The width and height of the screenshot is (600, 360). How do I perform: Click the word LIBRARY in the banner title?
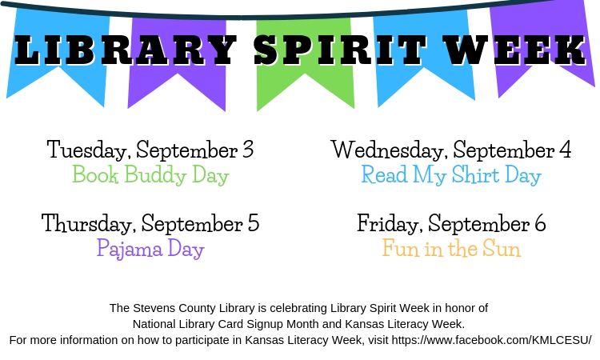[125, 50]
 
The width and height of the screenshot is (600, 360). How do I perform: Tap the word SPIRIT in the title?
[340, 50]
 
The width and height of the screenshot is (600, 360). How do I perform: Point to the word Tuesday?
[87, 150]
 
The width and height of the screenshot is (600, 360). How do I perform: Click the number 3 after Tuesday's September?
[248, 150]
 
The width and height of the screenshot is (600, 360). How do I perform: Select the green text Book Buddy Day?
[150, 175]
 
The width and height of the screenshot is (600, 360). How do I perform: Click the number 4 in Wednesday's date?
[565, 150]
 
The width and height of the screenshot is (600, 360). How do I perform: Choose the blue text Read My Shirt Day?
[451, 175]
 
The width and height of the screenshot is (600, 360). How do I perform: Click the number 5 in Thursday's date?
[254, 223]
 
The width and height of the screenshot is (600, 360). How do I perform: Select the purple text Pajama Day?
[150, 249]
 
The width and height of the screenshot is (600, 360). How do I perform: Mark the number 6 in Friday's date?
[540, 223]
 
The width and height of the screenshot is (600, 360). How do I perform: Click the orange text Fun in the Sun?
[451, 248]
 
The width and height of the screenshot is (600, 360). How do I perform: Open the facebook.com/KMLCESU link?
[492, 340]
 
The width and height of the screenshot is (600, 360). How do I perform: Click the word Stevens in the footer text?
[154, 308]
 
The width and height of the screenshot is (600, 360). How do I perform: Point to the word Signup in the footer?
[265, 325]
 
